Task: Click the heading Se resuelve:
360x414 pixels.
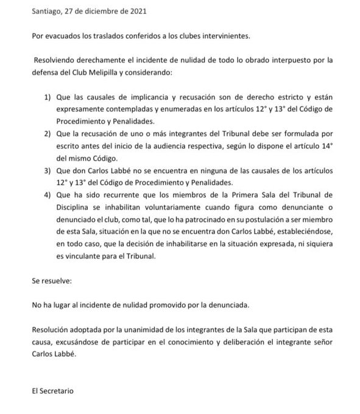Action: pyautogui.click(x=51, y=282)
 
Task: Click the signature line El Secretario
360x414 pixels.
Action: pyautogui.click(x=52, y=390)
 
